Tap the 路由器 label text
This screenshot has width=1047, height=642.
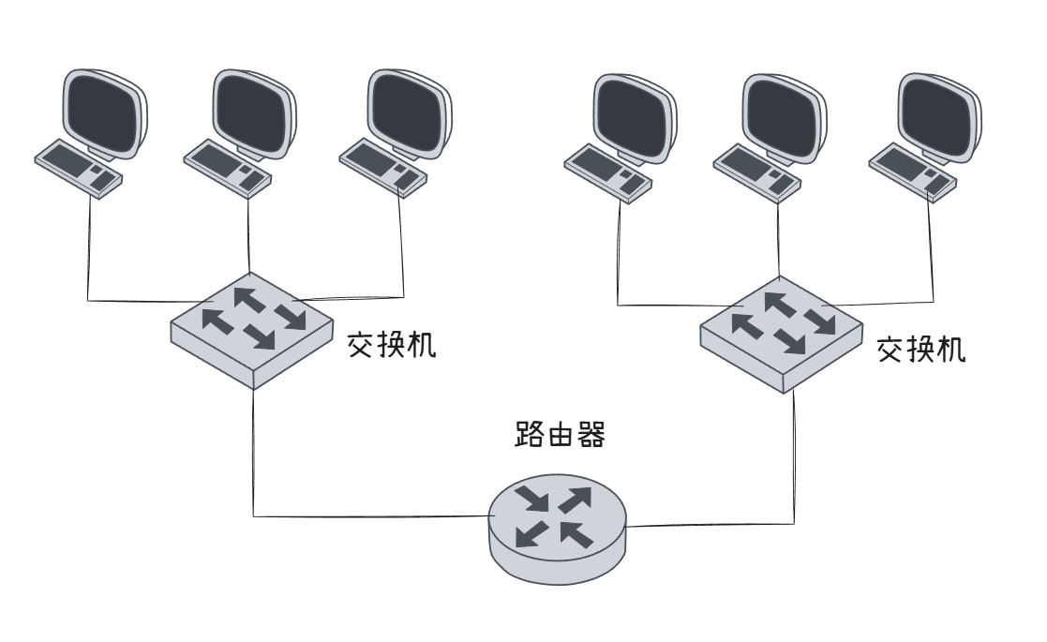point(559,437)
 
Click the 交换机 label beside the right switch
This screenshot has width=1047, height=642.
point(921,351)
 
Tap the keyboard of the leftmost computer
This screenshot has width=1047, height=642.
point(79,167)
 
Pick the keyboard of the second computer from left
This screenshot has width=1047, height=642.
point(228,167)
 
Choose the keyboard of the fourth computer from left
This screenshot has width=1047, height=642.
point(607,170)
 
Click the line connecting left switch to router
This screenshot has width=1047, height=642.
point(254,469)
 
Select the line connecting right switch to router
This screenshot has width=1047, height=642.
point(795,469)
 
